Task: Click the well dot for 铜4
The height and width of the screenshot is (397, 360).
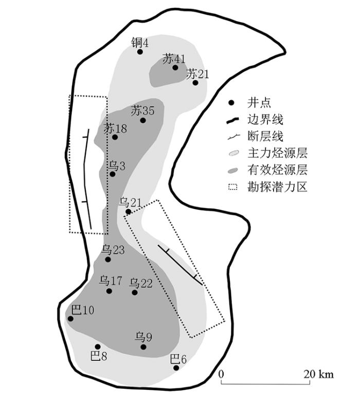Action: [140, 51]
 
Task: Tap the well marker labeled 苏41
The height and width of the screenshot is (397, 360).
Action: [175, 67]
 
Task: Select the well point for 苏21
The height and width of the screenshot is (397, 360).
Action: [195, 82]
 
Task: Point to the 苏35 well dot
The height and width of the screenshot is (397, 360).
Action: [143, 120]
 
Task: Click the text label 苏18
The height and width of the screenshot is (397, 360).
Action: [115, 129]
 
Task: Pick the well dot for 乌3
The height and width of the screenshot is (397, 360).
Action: [113, 174]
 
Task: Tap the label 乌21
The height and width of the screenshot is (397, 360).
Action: [130, 202]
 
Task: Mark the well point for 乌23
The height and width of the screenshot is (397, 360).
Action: [108, 260]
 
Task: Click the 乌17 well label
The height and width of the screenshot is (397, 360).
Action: [111, 281]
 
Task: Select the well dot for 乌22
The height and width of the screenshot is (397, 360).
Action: [135, 292]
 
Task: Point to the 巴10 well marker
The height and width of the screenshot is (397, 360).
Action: [70, 319]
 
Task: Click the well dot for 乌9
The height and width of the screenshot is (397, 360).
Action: [143, 347]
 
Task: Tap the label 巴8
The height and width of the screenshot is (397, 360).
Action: [99, 356]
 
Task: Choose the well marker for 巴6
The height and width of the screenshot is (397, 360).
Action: [176, 368]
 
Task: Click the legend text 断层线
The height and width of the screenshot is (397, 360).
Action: [265, 136]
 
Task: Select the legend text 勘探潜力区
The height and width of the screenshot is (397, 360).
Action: [277, 187]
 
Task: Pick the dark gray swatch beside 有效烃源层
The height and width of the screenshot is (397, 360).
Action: [233, 170]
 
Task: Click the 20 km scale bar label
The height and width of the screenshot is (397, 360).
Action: [318, 374]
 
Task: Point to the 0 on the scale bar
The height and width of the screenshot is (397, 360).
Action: [221, 374]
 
